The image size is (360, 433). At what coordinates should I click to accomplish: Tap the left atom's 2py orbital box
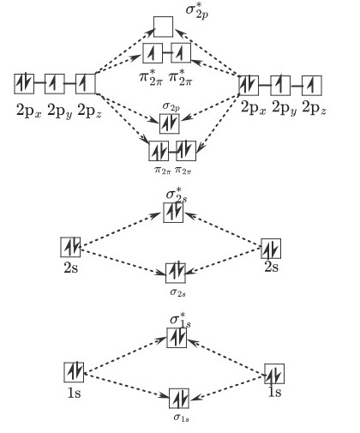(55, 84)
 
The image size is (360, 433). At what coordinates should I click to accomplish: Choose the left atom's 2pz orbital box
(85, 84)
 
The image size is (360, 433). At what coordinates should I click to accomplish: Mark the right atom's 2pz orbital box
(312, 85)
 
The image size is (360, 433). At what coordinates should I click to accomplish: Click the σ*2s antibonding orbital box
(174, 213)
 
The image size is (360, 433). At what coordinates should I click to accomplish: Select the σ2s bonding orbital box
(175, 274)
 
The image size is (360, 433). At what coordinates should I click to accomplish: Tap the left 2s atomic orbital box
(71, 247)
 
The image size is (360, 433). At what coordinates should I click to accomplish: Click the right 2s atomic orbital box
(271, 250)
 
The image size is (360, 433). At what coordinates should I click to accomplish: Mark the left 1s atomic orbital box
(75, 371)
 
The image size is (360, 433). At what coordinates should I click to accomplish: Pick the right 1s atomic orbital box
(274, 375)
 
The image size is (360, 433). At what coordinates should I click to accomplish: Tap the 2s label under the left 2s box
(71, 268)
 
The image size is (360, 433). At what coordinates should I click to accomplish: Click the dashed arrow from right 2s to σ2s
(225, 262)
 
